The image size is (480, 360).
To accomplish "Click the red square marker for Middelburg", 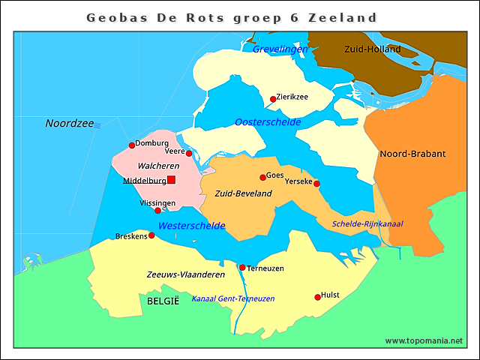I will [171, 180].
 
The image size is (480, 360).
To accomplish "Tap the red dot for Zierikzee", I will [273, 99].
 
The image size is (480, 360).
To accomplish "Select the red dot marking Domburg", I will [132, 145].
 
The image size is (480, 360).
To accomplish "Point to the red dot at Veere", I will [189, 154].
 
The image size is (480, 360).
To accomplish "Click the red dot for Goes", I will [262, 178].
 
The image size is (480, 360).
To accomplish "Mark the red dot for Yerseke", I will [316, 184].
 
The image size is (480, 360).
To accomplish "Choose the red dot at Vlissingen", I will [157, 211].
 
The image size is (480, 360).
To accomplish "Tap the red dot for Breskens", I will [151, 235].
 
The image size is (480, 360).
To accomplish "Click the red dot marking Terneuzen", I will [242, 268].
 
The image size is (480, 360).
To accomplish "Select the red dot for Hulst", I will [317, 298].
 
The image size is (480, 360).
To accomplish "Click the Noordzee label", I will [69, 124].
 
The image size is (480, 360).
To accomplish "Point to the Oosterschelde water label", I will [268, 122].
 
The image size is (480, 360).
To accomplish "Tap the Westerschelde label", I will [191, 226].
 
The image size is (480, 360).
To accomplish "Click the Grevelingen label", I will [280, 49].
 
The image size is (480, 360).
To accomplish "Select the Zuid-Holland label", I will [372, 49].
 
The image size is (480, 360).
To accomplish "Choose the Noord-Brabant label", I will [412, 154].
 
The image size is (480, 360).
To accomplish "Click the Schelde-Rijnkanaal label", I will [367, 224].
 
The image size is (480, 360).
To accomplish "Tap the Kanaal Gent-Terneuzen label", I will [232, 298].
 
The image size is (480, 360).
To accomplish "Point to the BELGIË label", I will [163, 301].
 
